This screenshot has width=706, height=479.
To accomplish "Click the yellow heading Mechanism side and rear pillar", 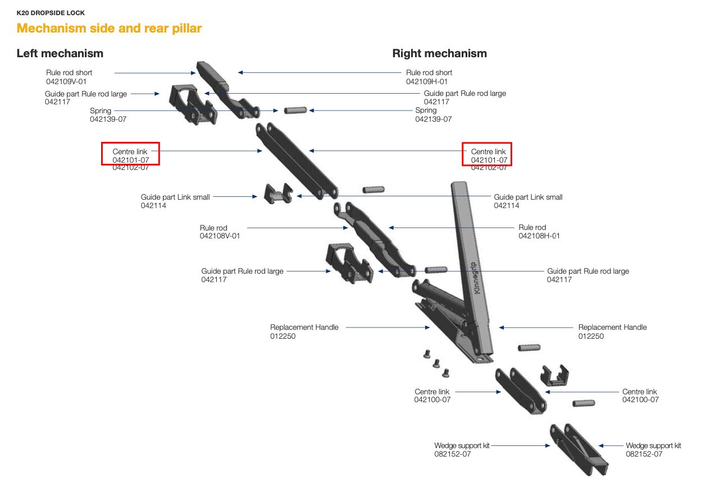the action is (109, 28).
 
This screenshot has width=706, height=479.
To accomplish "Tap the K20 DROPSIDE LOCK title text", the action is (51, 13).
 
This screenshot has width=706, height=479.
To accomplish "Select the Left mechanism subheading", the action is (60, 53).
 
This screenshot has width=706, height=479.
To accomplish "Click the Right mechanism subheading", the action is (439, 53).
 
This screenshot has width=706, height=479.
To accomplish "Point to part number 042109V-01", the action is (66, 81).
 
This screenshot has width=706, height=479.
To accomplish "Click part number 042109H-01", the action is (427, 81).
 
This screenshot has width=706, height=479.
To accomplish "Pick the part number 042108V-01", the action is (220, 236).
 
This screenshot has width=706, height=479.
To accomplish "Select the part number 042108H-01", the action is (539, 236).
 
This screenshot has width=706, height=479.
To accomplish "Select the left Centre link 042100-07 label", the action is (432, 395).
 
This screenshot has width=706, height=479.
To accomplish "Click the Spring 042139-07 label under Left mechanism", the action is (108, 115).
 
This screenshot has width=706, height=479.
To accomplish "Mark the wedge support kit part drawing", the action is (579, 449).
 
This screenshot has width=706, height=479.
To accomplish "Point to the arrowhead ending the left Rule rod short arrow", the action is (193, 73).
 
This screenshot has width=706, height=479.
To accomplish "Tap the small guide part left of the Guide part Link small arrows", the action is (278, 194).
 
